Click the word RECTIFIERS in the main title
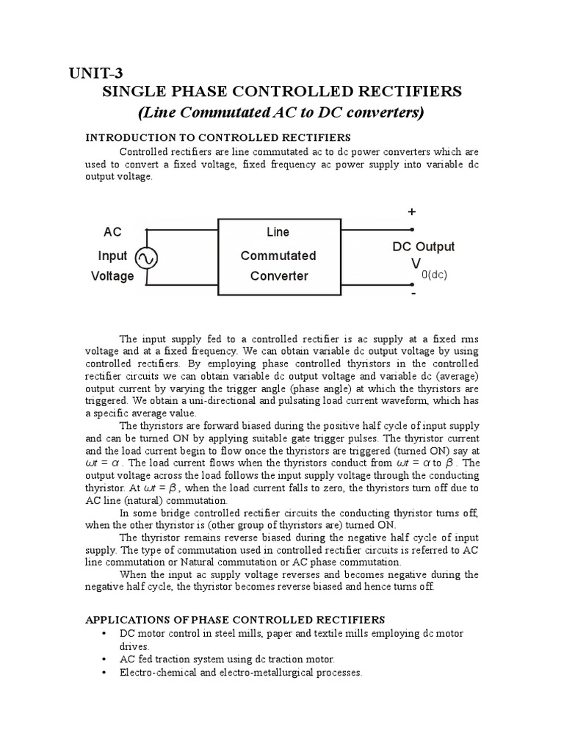click(x=410, y=92)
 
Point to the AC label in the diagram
click(x=112, y=232)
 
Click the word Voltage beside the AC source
click(x=112, y=276)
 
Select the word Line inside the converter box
click(x=278, y=232)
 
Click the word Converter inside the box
click(x=278, y=276)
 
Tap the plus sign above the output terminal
click(x=412, y=211)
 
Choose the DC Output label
click(x=424, y=247)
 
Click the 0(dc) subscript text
click(x=435, y=275)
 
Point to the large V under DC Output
click(x=416, y=263)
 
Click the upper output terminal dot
click(x=401, y=228)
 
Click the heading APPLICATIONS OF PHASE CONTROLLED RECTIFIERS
click(x=235, y=621)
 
